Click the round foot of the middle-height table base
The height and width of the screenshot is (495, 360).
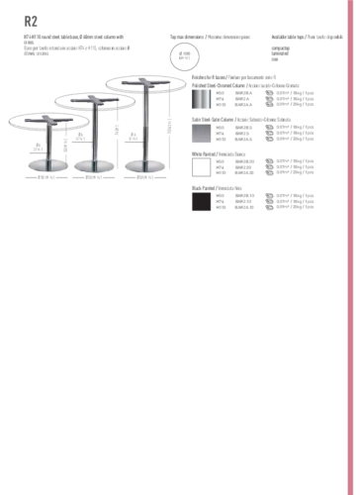coord(96,163)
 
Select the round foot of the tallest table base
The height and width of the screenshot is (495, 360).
coord(144,163)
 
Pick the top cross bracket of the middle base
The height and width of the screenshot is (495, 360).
coord(96,98)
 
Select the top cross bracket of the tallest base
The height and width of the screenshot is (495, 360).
coord(144,80)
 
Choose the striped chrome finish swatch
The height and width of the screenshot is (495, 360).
coord(201,99)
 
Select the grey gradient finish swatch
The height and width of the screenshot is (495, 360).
coord(201,133)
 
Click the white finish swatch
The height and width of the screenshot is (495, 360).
coord(201,166)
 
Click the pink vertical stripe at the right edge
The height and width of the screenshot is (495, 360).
coord(351,247)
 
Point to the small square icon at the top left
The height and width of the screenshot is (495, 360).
coord(29,19)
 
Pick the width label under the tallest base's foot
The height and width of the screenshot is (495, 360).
coord(144,178)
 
